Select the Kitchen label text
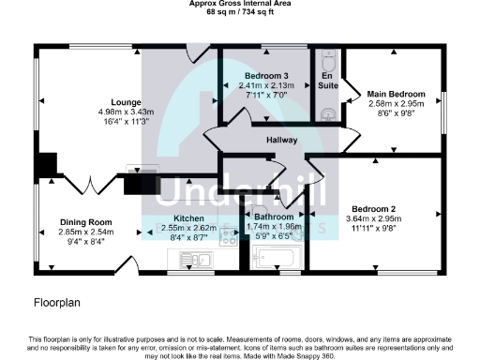pyautogui.click(x=176, y=217)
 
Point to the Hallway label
pyautogui.click(x=280, y=141)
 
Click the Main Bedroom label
pyautogui.click(x=396, y=95)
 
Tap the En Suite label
pyautogui.click(x=327, y=81)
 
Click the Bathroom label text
pyautogui.click(x=274, y=217)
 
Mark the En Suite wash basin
pyautogui.click(x=327, y=113)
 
